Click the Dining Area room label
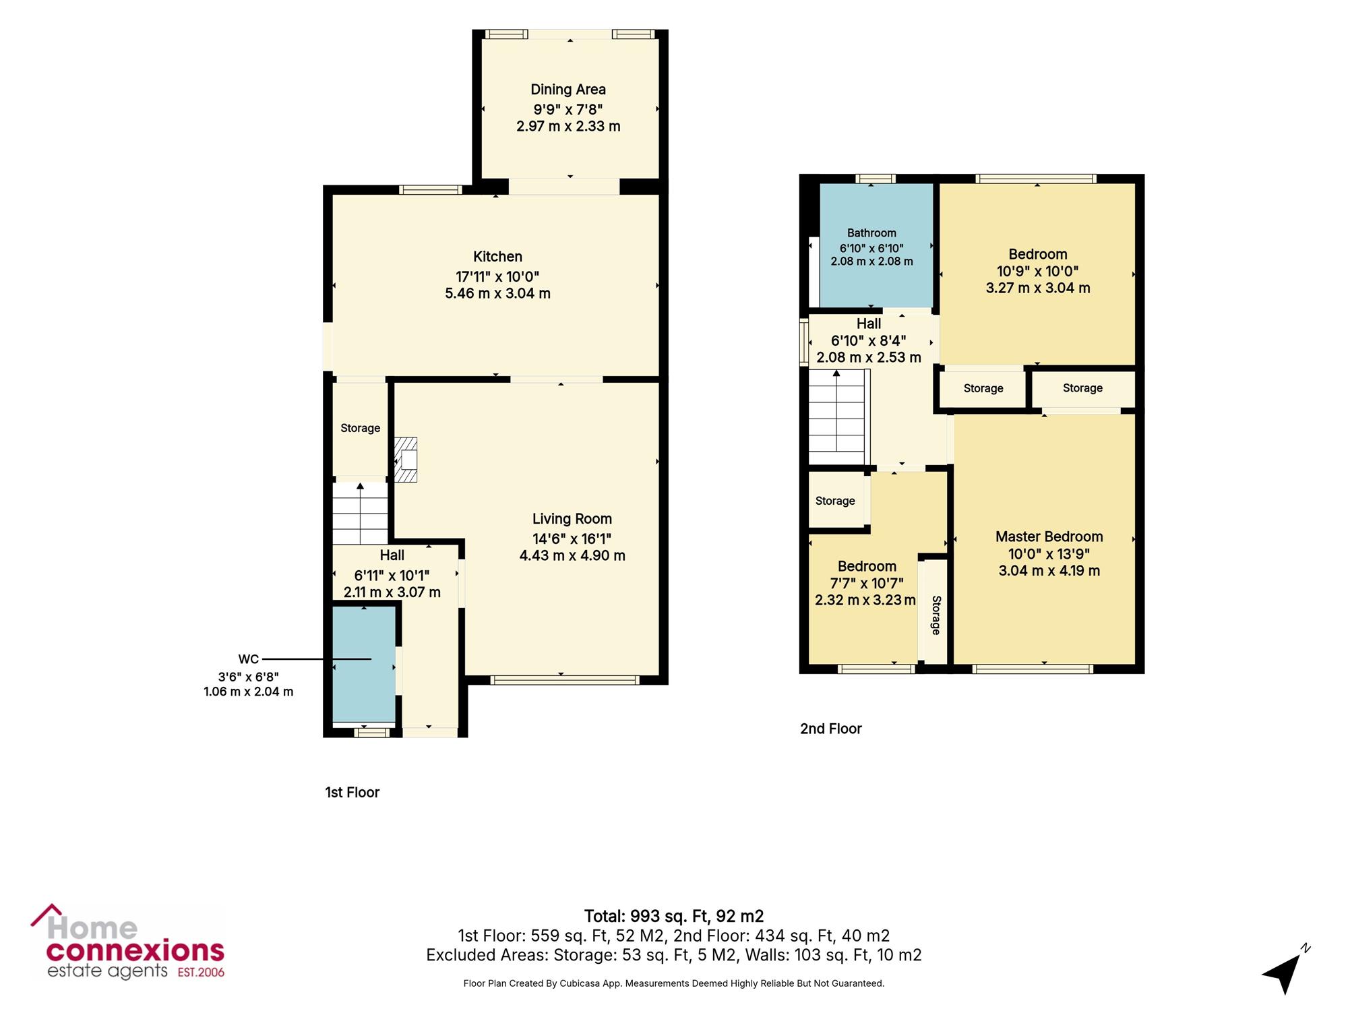point(568,90)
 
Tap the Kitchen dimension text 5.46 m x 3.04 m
point(498,293)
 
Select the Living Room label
point(572,519)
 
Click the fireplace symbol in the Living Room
point(406,460)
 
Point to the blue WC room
point(364,665)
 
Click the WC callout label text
point(248,659)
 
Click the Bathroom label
point(871,233)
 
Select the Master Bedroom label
point(1049,537)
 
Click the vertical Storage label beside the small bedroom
point(936,615)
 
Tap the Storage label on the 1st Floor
point(361,429)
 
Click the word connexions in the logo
point(135,951)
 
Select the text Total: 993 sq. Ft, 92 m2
point(674,917)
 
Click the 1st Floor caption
point(353,793)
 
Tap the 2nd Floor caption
point(831,729)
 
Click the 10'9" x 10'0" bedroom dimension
point(1038,272)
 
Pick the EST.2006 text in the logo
point(201,973)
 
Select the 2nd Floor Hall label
point(869,324)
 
